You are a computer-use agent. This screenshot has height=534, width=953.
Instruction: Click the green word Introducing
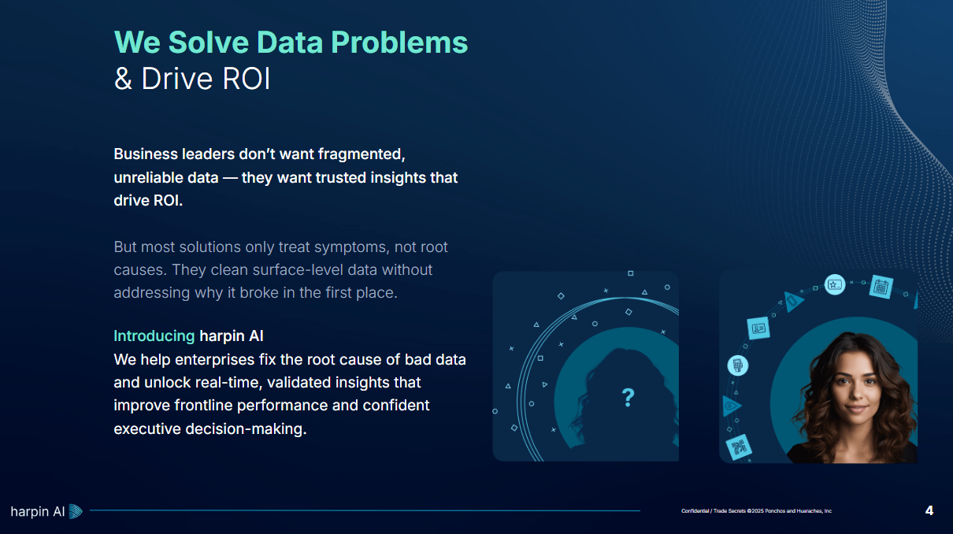click(x=154, y=336)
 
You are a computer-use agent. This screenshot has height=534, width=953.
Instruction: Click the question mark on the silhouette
click(x=628, y=398)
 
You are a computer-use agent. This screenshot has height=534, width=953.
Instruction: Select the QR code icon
click(x=739, y=447)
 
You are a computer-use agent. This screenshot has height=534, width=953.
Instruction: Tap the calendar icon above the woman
click(x=881, y=287)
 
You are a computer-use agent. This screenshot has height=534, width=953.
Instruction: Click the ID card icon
click(x=758, y=328)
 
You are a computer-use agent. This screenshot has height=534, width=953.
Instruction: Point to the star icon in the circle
click(x=835, y=284)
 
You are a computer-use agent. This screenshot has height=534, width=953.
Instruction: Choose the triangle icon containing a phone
click(x=793, y=302)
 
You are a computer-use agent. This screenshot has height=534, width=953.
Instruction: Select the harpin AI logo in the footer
click(x=46, y=512)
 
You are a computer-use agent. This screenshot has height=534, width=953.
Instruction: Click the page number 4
click(x=929, y=511)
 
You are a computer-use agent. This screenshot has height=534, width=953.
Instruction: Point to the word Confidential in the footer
click(x=695, y=511)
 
